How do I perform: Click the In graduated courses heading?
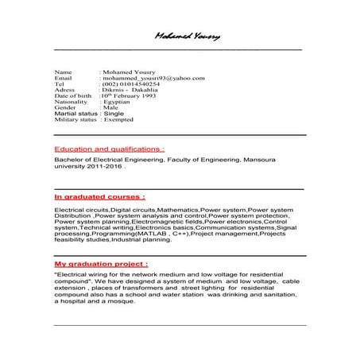pyautogui.click(x=99, y=195)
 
